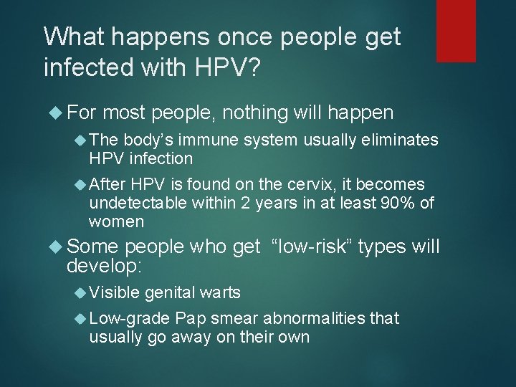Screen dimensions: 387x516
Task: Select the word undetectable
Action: (x=138, y=203)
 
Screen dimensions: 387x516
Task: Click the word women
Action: (x=116, y=221)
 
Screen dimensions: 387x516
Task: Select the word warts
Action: (x=220, y=292)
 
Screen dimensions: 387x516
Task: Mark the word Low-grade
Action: (x=130, y=318)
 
